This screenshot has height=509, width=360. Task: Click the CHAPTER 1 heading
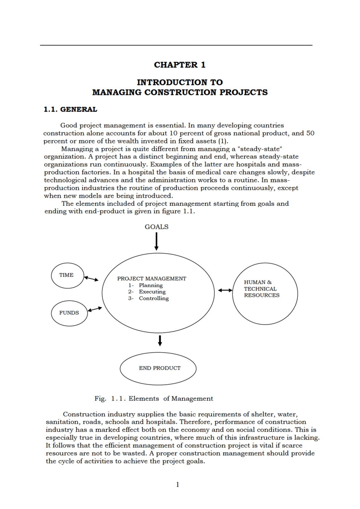pos(179,65)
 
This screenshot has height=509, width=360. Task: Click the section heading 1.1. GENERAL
pos(70,110)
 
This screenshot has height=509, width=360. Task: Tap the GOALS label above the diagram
pos(156,227)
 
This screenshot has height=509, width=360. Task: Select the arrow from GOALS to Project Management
pos(156,241)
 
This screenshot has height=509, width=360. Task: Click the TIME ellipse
pos(67,275)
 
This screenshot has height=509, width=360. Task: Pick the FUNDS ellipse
pos(69,313)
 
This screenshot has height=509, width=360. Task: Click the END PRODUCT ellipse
pos(158,368)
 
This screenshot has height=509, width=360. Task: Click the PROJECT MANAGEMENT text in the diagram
pos(152,279)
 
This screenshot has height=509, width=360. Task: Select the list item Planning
pos(150,286)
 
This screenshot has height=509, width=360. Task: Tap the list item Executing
pos(152,292)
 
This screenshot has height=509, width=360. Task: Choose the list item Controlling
pos(154,299)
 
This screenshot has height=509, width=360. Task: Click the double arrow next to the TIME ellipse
pos(91,279)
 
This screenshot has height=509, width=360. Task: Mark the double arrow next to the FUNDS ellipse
pos(95,309)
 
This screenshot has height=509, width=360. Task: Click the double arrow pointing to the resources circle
pos(225,290)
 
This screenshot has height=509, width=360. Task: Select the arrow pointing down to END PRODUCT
pos(160,341)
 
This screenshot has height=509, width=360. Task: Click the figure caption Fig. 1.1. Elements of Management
pos(154,399)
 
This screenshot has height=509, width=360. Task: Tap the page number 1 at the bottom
pos(177,485)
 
